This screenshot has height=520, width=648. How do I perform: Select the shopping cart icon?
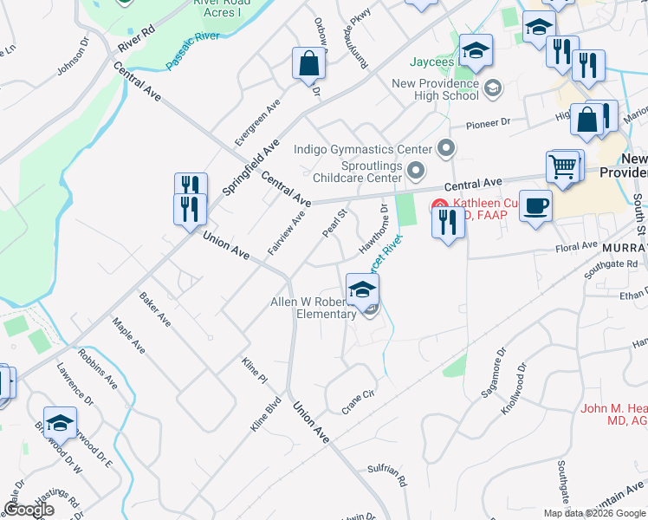point(564,166)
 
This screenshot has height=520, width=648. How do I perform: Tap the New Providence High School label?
point(436,89)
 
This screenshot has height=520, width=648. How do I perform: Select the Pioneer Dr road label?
point(489,123)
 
